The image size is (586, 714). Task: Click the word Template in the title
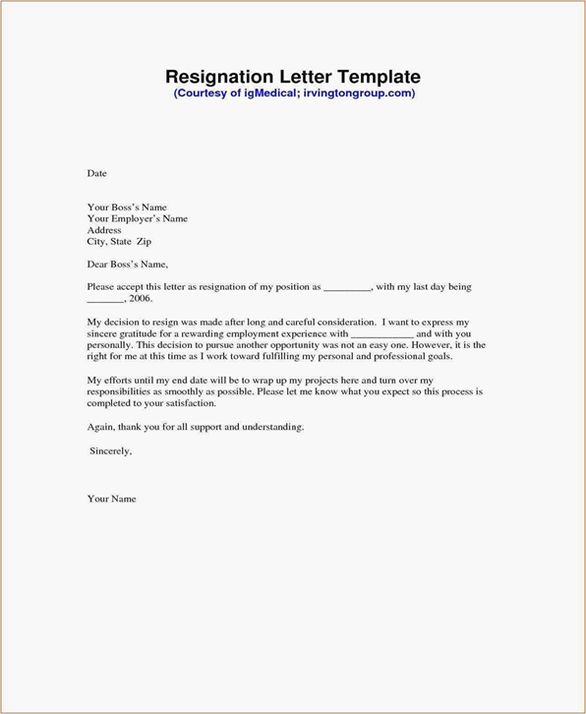[x=381, y=76]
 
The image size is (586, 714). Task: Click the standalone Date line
[x=96, y=173]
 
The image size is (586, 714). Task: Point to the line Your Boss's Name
[x=128, y=207]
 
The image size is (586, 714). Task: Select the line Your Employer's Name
[x=137, y=218]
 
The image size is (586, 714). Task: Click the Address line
[x=104, y=229]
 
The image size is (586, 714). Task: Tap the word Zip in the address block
[x=144, y=241]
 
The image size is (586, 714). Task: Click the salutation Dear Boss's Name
[x=128, y=264]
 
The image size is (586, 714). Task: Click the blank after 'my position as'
[x=347, y=287]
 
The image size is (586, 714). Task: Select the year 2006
[x=140, y=298]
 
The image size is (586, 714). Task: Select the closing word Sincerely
[x=110, y=450]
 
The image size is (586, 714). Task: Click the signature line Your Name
[x=111, y=499]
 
